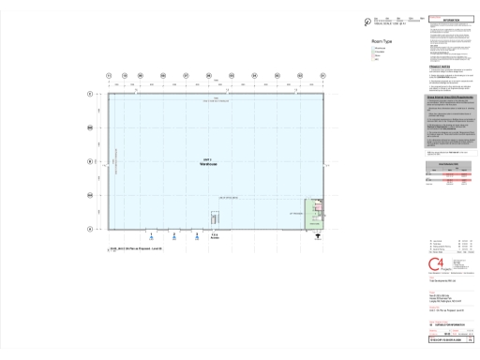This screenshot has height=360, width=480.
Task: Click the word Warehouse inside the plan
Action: click(x=216, y=165)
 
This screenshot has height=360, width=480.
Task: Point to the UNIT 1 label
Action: click(x=216, y=160)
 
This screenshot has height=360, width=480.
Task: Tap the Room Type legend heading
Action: click(x=382, y=41)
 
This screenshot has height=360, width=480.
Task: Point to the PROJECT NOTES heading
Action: click(x=440, y=67)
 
